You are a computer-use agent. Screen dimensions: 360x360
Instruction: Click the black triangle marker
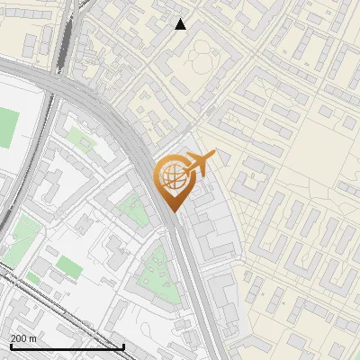(181, 24)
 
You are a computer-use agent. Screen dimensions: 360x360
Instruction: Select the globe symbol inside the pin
(172, 176)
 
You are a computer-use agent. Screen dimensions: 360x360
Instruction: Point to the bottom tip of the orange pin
(172, 212)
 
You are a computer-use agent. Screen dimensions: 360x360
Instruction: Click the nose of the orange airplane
(214, 155)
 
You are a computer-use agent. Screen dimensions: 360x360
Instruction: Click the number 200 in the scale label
(18, 338)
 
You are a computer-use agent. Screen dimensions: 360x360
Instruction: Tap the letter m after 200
(32, 338)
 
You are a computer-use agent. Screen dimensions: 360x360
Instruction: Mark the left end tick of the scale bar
(11, 346)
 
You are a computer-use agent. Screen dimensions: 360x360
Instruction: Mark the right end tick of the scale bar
(123, 346)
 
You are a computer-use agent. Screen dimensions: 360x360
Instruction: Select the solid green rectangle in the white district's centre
(69, 266)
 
